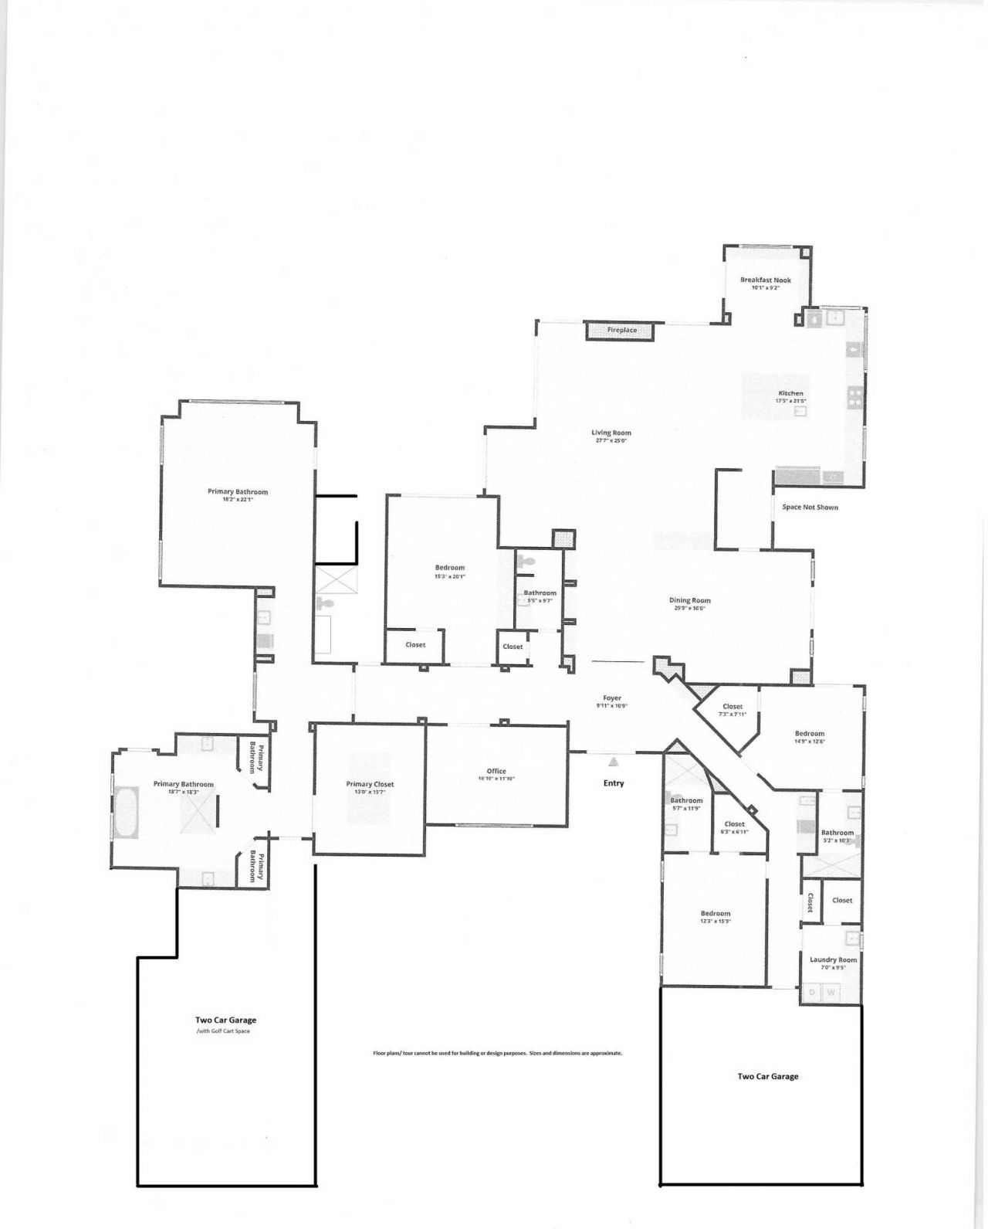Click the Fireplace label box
pyautogui.click(x=622, y=330)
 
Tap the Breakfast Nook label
pyautogui.click(x=765, y=280)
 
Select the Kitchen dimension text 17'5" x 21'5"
pyautogui.click(x=790, y=401)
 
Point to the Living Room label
pyautogui.click(x=611, y=433)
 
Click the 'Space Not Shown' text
pyautogui.click(x=810, y=507)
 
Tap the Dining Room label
pyautogui.click(x=689, y=600)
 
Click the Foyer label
pyautogui.click(x=611, y=698)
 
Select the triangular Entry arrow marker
pyautogui.click(x=614, y=762)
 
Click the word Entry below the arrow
pyautogui.click(x=614, y=783)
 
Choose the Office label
pyautogui.click(x=496, y=771)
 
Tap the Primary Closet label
pyautogui.click(x=370, y=784)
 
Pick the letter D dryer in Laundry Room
pyautogui.click(x=812, y=992)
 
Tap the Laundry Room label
pyautogui.click(x=833, y=959)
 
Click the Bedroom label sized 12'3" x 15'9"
pyautogui.click(x=716, y=913)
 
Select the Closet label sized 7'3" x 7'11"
pyautogui.click(x=733, y=706)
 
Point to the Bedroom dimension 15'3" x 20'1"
pyautogui.click(x=450, y=575)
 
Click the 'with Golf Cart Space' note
pyautogui.click(x=223, y=1031)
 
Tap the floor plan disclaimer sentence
pyautogui.click(x=497, y=1053)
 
